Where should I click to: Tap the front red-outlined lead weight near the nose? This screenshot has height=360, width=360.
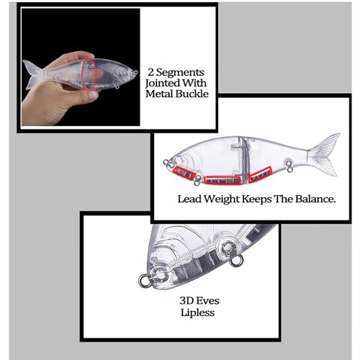(184, 173)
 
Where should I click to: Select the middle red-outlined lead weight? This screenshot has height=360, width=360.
(223, 180)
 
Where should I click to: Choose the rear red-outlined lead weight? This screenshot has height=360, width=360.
(260, 175)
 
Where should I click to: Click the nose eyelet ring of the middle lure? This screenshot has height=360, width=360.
(166, 163)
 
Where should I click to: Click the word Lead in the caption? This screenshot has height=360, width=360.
(189, 199)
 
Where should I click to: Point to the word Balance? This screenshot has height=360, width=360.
(315, 199)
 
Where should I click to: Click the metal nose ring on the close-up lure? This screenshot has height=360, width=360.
(145, 281)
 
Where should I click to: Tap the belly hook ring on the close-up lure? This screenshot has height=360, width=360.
(236, 261)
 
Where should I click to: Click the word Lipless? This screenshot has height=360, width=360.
(197, 312)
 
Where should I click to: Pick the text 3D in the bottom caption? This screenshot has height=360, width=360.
(186, 301)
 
